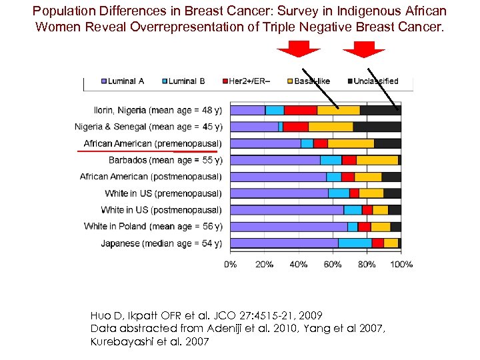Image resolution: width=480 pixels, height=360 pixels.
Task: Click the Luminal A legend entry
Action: pos(123,81)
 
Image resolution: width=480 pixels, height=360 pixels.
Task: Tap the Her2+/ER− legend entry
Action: pos(247,81)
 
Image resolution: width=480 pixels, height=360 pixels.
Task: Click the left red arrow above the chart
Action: pos(299,50)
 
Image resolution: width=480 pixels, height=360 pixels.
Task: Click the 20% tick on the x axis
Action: pos(264,265)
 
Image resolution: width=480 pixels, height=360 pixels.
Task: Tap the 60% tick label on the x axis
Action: pos(333,265)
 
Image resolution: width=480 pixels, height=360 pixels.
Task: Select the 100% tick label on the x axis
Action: pos(401,265)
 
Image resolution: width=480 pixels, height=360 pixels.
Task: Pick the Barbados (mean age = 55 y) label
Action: pos(165,160)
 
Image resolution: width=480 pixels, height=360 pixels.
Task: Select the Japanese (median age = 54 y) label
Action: pos(161,243)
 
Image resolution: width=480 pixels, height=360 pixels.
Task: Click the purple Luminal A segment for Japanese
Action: pos(283,243)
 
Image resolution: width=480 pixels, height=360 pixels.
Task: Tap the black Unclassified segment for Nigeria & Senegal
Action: pos(377,127)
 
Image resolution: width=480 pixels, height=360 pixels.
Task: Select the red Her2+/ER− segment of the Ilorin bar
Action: pos(300,110)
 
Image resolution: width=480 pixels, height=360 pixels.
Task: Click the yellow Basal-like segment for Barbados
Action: pos(377,160)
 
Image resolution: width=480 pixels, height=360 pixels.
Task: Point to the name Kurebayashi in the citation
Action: pos(117,342)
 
